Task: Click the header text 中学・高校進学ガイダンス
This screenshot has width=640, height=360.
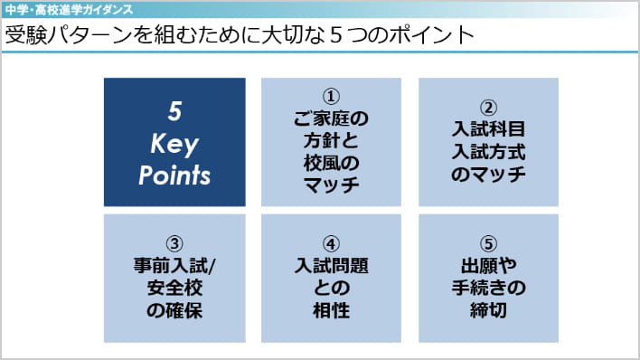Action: pos(70,10)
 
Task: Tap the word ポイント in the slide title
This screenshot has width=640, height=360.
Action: pos(431,35)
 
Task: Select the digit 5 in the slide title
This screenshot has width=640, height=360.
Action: pos(335,35)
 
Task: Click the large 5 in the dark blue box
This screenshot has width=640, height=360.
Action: pos(174,111)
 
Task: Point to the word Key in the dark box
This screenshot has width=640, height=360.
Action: pos(174,144)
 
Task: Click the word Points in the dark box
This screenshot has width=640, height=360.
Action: pos(174,175)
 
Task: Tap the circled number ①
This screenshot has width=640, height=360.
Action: pos(331,97)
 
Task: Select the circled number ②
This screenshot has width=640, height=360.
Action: pos(488,108)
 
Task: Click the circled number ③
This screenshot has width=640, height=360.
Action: pos(174,244)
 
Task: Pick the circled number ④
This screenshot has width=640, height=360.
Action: pos(331,244)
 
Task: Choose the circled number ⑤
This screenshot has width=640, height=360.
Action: pos(488,244)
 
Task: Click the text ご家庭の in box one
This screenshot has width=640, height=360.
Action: pos(331,118)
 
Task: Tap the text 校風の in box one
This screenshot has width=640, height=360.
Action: pos(331,164)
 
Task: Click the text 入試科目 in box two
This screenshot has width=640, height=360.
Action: pos(488,129)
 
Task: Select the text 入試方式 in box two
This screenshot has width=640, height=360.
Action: pos(488,152)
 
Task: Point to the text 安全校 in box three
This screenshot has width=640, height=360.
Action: pos(174,288)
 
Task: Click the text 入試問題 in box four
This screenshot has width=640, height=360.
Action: pos(331,266)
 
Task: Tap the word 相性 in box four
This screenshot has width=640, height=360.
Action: pos(331,310)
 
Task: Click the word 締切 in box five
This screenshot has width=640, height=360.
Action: pos(488,310)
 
